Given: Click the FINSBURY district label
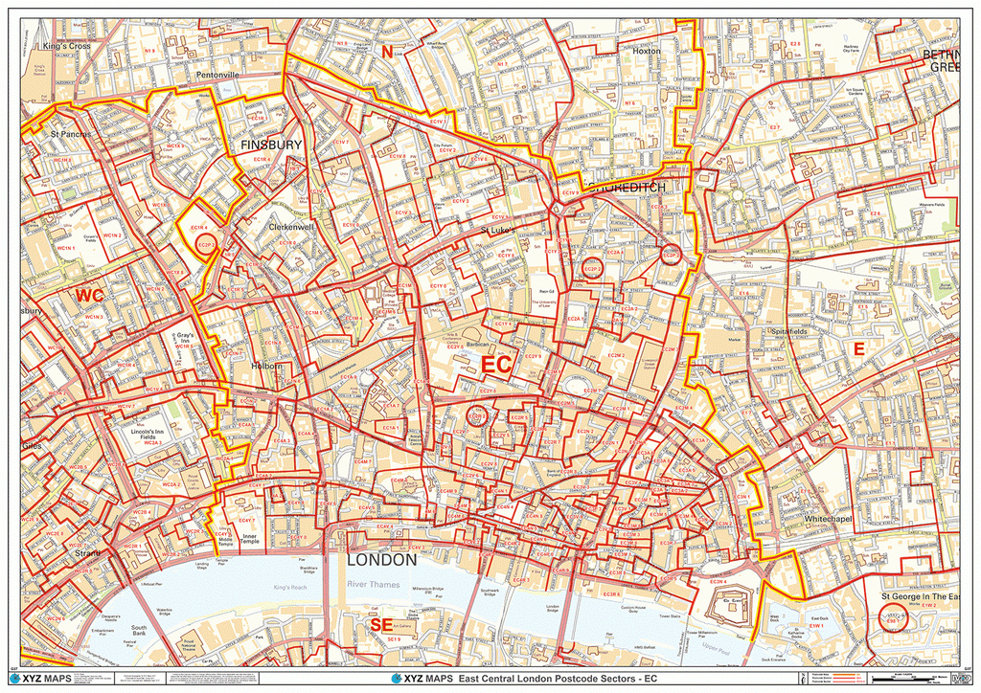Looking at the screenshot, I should coord(271,145).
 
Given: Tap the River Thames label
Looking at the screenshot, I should coord(373,584).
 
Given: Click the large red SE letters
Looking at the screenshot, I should coord(380,625).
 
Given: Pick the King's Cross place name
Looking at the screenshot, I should coord(66,46).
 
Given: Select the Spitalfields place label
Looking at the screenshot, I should coord(788,331).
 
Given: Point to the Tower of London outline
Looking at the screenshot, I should coord(730,606).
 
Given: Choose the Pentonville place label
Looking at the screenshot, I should coord(217,74).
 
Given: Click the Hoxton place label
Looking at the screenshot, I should coord(647,51).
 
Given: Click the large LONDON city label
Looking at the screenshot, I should coord(381,559).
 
